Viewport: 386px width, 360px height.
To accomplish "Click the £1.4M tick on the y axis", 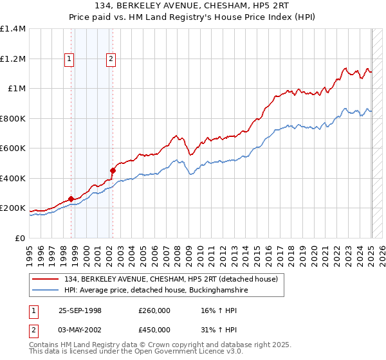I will click(13, 29).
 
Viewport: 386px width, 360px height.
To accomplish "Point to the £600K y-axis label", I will click(13, 148).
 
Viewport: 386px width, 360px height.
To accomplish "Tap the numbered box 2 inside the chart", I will click(111, 59).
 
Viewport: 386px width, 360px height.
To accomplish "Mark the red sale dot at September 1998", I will click(71, 199).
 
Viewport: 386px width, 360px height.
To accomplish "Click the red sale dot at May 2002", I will click(113, 171).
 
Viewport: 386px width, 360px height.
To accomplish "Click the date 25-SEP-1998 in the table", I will click(80, 310).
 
